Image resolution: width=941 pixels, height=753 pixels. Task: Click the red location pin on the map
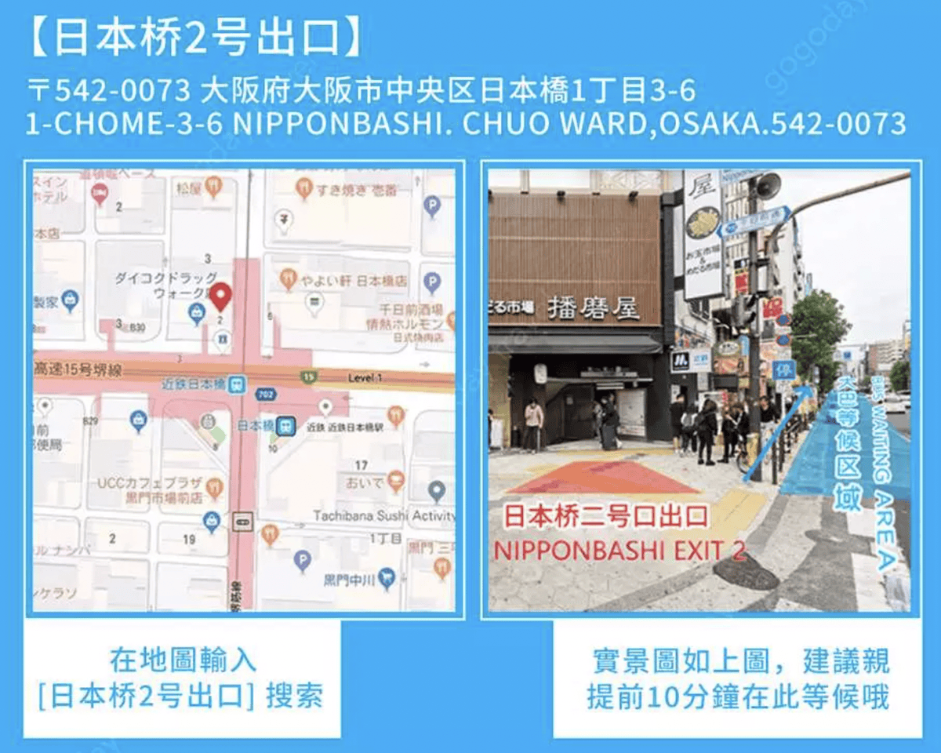click(x=220, y=296)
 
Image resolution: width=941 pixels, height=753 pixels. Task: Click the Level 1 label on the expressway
click(x=365, y=379)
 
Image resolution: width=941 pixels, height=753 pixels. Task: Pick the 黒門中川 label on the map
click(x=348, y=580)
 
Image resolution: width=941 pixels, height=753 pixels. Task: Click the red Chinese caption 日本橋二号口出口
click(x=605, y=515)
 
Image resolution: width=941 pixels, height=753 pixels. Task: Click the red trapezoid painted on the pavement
click(x=604, y=477)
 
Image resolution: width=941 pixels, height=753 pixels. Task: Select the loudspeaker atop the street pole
click(x=767, y=186)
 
